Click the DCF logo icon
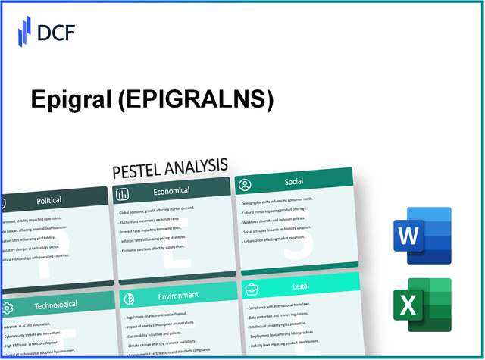coord(23,33)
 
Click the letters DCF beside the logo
coord(58,33)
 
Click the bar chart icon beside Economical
coord(121,193)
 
